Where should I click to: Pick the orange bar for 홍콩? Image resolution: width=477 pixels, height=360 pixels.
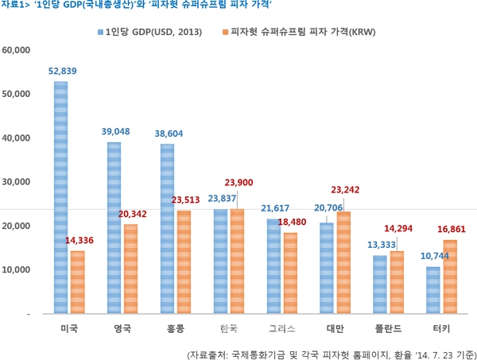click(184, 261)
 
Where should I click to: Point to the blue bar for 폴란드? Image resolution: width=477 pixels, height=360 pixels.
click(379, 285)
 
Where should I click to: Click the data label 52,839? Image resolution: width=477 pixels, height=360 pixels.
click(62, 72)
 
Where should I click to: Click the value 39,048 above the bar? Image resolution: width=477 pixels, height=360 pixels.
click(115, 132)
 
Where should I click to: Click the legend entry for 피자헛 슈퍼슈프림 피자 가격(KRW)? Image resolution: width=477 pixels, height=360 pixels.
click(301, 32)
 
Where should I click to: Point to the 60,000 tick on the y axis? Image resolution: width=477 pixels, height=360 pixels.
click(17, 50)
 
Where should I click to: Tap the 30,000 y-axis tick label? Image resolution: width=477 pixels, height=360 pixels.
click(17, 182)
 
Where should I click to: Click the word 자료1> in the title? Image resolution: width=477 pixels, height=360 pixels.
click(16, 6)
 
